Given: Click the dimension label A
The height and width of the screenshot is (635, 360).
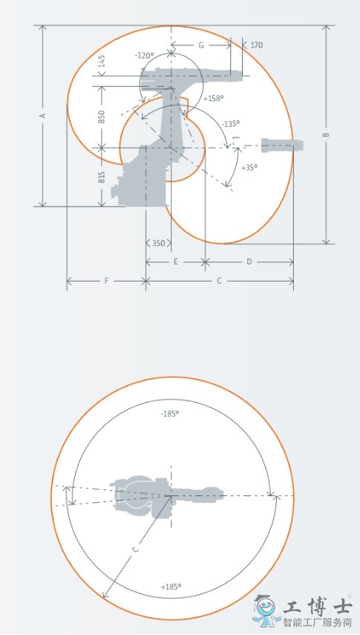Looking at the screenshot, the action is coord(43,115).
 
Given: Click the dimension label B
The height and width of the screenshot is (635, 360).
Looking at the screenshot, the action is coord(327,134).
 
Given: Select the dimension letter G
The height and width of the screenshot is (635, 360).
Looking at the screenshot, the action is coord(201,45).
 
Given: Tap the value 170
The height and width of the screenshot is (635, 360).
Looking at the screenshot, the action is coord(256,45).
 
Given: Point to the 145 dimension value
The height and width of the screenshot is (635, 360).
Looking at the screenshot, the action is coord(102,61).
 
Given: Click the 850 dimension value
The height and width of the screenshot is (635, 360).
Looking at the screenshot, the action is coord(102,117).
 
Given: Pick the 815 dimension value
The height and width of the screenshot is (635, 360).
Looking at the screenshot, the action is coord(102,177).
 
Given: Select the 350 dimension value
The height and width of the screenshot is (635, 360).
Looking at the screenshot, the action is coord(158,243).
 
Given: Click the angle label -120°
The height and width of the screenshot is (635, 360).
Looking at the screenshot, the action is coord(145,56).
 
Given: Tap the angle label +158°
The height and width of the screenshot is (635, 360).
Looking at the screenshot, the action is coord(214,98).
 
